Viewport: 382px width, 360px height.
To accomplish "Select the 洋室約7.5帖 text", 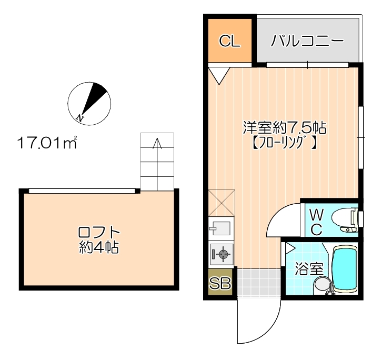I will click(284, 127).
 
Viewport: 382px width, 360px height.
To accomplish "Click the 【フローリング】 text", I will click(284, 142).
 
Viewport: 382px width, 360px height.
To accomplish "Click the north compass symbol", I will click(89, 104).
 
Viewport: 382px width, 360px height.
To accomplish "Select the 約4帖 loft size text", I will click(98, 246).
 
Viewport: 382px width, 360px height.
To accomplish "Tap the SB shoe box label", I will click(220, 284).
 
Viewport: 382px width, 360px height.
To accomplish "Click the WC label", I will click(316, 221).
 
